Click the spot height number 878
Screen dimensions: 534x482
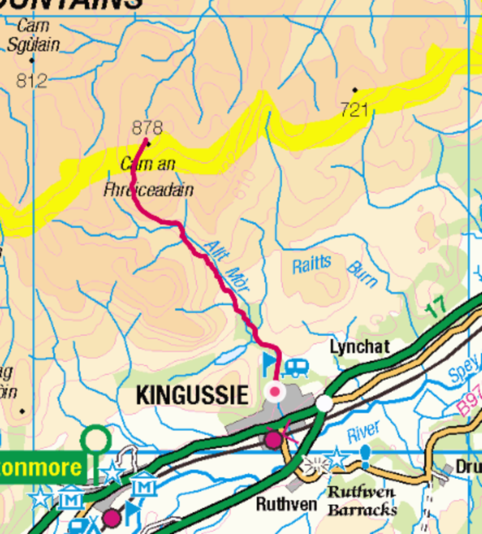tap(147, 128)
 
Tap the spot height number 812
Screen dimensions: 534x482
tap(31, 81)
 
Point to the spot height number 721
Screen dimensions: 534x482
tap(354, 110)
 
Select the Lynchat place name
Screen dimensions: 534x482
tap(360, 347)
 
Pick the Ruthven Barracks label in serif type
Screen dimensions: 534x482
tap(362, 501)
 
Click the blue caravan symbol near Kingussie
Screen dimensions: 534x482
tap(296, 367)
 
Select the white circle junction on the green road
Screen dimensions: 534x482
tap(324, 404)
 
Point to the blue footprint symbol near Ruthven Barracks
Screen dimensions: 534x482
tap(365, 456)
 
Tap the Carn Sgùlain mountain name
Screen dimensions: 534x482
tap(33, 35)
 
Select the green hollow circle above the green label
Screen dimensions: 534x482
tap(96, 440)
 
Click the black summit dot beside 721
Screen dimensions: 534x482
tap(355, 90)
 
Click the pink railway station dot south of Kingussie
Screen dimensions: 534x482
tap(274, 440)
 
